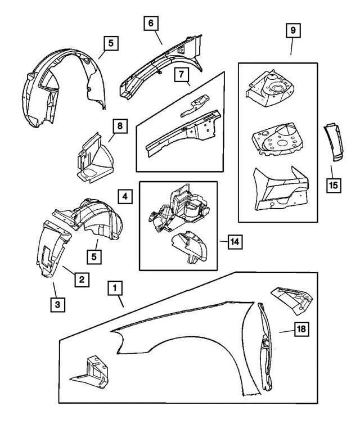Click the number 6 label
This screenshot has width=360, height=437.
click(x=151, y=24)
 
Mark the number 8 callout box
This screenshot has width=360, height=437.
click(x=120, y=125)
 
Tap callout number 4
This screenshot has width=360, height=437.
click(x=126, y=197)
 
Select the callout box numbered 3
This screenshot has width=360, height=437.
click(x=57, y=304)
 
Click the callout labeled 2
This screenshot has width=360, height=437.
click(x=82, y=278)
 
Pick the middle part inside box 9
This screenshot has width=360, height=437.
click(x=276, y=138)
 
